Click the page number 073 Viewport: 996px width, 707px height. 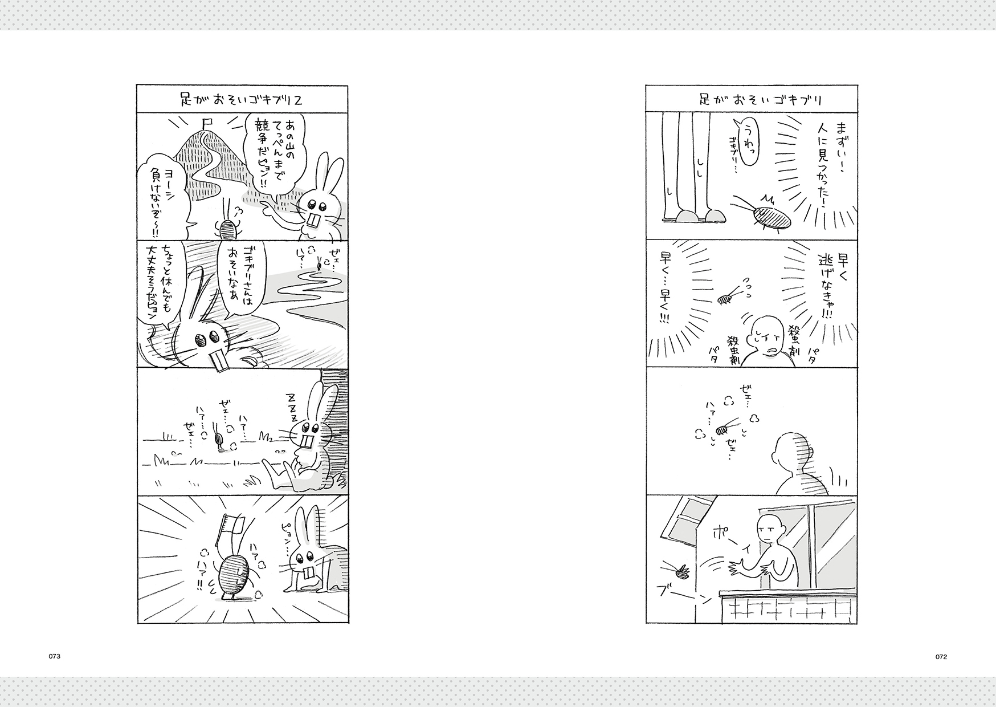pyautogui.click(x=54, y=656)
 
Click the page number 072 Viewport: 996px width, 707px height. pyautogui.click(x=941, y=656)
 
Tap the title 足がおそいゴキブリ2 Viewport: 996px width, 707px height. pyautogui.click(x=241, y=99)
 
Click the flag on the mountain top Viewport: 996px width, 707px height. pyautogui.click(x=207, y=123)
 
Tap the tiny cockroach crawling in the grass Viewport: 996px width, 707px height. pyautogui.click(x=218, y=441)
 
